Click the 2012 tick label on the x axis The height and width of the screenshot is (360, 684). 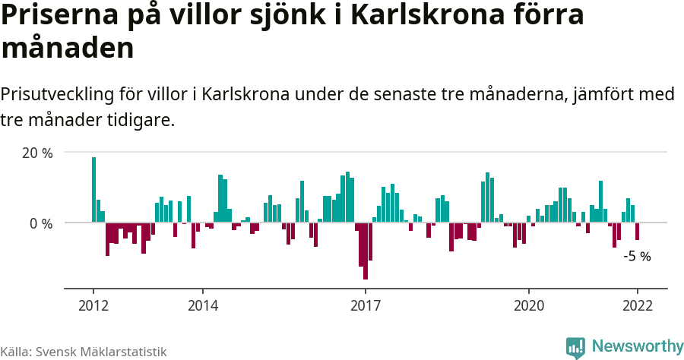[93, 306]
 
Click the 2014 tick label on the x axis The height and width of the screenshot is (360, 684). [202, 306]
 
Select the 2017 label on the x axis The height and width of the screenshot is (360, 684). [365, 306]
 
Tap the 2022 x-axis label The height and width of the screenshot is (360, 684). [637, 306]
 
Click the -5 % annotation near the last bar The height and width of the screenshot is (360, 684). [637, 256]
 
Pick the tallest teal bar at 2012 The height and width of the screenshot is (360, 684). [93, 190]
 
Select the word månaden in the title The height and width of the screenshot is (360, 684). [68, 49]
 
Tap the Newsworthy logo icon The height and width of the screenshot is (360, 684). [575, 347]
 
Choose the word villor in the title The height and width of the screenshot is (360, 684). [200, 16]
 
